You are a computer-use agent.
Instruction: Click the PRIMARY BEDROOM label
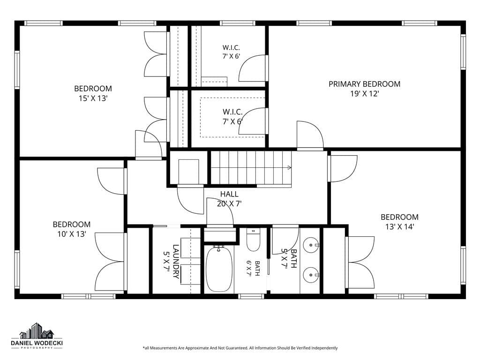(364, 84)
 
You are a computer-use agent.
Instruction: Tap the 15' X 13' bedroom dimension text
(93, 98)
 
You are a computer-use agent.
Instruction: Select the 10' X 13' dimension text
(72, 234)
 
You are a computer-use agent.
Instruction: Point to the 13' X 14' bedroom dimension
(399, 227)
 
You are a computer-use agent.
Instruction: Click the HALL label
(229, 194)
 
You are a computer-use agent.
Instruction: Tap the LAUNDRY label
(176, 262)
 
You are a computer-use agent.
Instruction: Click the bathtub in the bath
(219, 269)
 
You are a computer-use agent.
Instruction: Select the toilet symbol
(253, 240)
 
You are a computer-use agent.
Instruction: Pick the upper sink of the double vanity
(311, 245)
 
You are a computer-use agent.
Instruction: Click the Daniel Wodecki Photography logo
(37, 336)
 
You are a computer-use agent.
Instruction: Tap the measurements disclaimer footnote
(240, 348)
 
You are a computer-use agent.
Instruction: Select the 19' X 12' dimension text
(365, 94)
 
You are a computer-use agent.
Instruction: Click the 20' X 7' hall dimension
(229, 203)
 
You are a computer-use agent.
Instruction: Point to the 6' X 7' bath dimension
(249, 269)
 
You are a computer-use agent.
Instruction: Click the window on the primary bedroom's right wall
(463, 52)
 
